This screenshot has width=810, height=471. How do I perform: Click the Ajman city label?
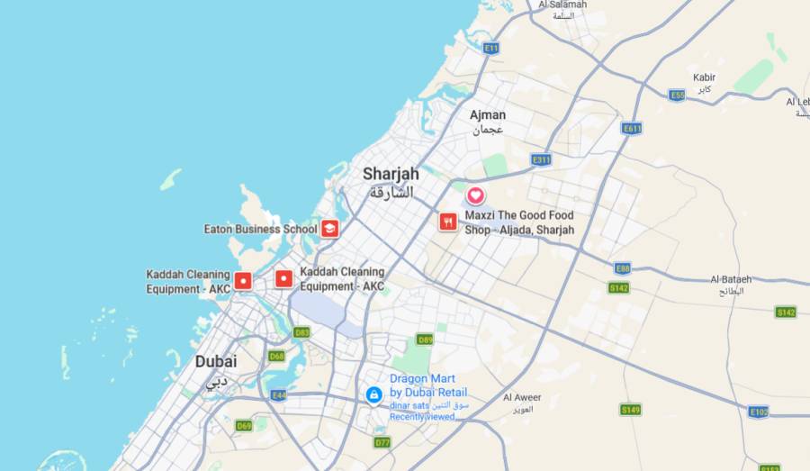pos(487,115)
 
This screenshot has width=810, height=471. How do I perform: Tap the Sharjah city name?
pos(391,174)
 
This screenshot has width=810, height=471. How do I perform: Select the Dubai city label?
pos(216,361)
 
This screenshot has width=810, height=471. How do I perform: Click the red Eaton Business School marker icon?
pos(330,229)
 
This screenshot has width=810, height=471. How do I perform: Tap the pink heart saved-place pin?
pos(475,195)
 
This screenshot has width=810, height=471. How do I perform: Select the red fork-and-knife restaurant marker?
pos(447,222)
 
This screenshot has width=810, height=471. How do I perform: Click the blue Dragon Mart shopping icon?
pos(373,394)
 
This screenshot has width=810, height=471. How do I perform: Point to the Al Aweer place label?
pos(522,397)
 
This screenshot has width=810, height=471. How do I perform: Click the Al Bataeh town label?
pos(730,279)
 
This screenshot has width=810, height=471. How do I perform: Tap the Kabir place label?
pos(704,77)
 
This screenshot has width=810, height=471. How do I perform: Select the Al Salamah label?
pos(562,5)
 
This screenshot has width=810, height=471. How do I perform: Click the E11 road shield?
pos(490,48)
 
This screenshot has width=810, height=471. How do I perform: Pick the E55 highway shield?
pos(678,95)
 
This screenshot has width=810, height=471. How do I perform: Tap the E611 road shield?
pos(632,129)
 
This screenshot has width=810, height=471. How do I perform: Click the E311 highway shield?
pos(541,159)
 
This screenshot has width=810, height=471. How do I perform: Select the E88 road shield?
pos(622,268)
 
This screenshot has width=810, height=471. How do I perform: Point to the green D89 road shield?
pos(425,340)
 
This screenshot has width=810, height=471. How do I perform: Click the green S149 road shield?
pos(630,410)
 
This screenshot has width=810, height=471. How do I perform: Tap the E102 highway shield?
pos(759,412)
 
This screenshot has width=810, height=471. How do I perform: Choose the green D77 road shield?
pos(382,442)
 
